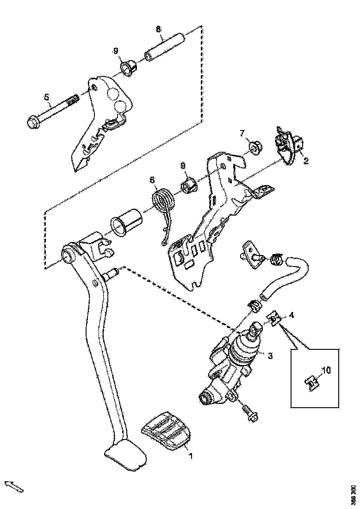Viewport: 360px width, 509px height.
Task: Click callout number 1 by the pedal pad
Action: pos(190,456)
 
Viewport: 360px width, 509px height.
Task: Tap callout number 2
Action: pos(306,161)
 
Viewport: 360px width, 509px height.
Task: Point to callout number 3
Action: pos(270,355)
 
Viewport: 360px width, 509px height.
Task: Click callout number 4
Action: pos(292,315)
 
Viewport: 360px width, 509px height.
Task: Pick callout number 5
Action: pos(46,97)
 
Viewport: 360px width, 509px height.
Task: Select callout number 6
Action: pos(151,180)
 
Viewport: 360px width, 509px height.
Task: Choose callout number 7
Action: pos(242,133)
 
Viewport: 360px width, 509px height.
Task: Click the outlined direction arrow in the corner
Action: pos(13,486)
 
